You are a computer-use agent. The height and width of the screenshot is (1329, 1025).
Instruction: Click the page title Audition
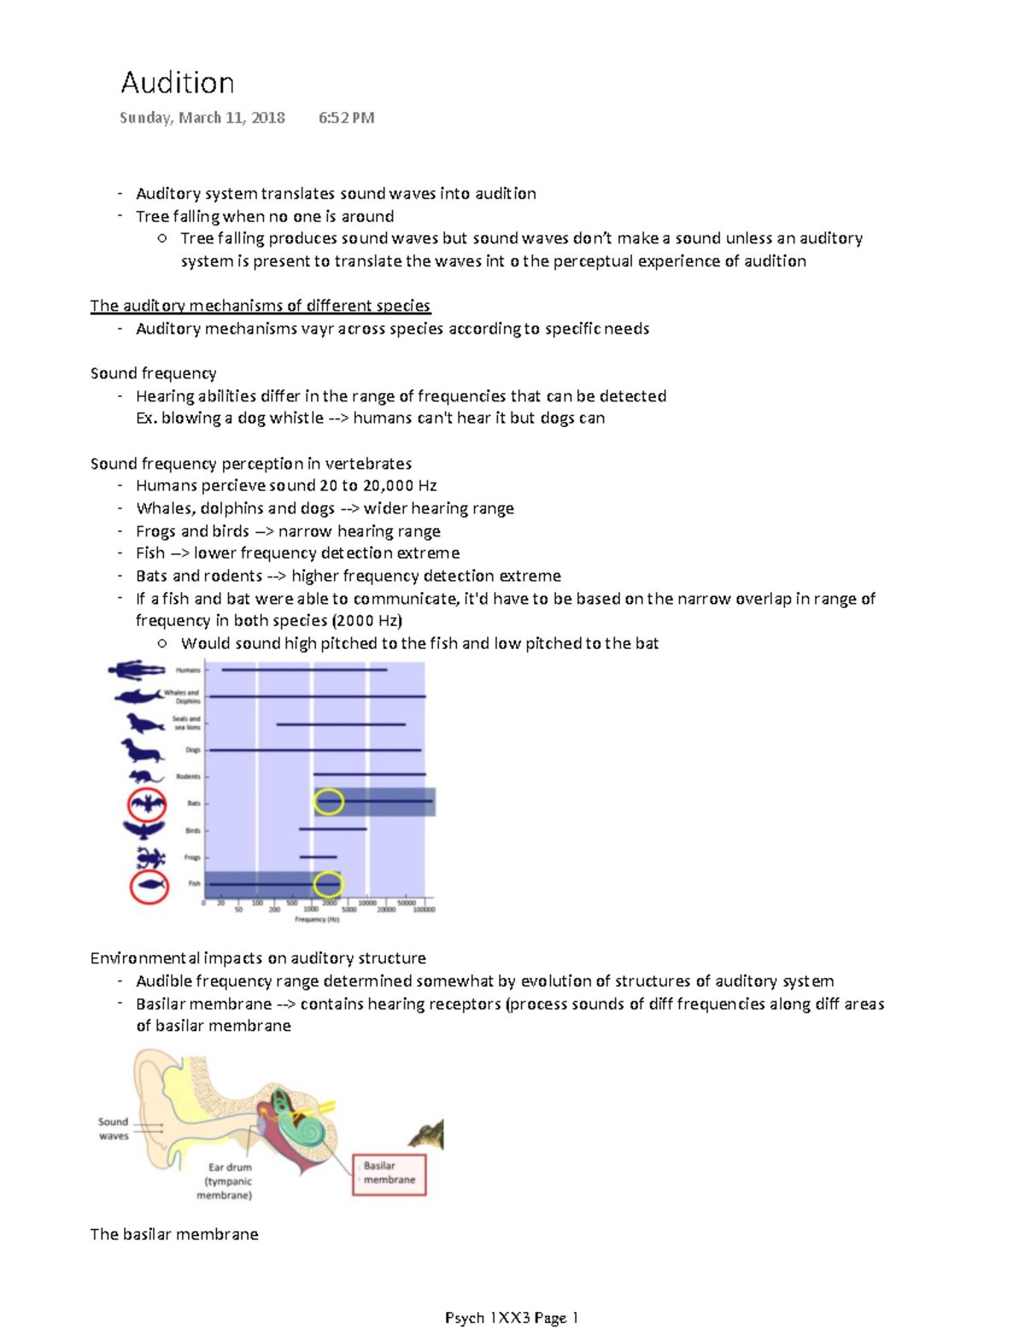(x=178, y=83)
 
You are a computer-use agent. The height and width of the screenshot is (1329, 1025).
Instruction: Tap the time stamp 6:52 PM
(x=346, y=118)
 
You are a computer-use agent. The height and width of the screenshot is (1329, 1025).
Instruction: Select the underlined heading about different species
(x=260, y=306)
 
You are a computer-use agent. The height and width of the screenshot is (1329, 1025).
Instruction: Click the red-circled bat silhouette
(x=147, y=804)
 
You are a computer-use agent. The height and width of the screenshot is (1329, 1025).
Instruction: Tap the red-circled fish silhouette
(x=149, y=886)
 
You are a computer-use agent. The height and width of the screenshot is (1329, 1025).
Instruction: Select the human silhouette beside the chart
(x=137, y=670)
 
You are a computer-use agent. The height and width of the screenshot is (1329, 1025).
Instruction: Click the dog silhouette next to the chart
(x=141, y=751)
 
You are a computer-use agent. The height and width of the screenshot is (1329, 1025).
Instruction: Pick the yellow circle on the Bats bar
(x=329, y=801)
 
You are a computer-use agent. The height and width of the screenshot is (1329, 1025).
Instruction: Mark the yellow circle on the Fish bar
(x=328, y=885)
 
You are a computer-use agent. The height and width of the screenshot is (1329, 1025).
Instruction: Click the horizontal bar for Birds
(x=332, y=828)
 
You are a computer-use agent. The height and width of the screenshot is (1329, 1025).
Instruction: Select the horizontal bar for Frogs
(x=318, y=857)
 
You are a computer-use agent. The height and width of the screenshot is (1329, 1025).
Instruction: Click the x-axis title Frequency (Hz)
(x=317, y=920)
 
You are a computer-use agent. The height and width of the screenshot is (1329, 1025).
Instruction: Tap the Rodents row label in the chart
(x=188, y=776)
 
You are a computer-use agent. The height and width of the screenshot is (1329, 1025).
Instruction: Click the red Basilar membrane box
(x=389, y=1174)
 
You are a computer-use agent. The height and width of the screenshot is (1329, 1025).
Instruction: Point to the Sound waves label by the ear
(x=113, y=1128)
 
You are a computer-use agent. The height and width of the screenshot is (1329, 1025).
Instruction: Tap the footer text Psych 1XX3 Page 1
(x=512, y=1318)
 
